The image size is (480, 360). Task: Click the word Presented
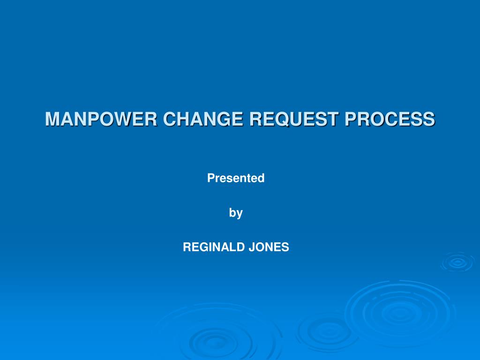[236, 178]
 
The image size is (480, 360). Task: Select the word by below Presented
[236, 213]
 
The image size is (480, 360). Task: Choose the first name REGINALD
[214, 247]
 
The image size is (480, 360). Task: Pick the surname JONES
[269, 247]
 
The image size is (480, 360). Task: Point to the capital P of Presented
[211, 178]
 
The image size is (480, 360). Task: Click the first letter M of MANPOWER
[52, 119]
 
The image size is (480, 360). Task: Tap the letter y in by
[240, 214]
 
